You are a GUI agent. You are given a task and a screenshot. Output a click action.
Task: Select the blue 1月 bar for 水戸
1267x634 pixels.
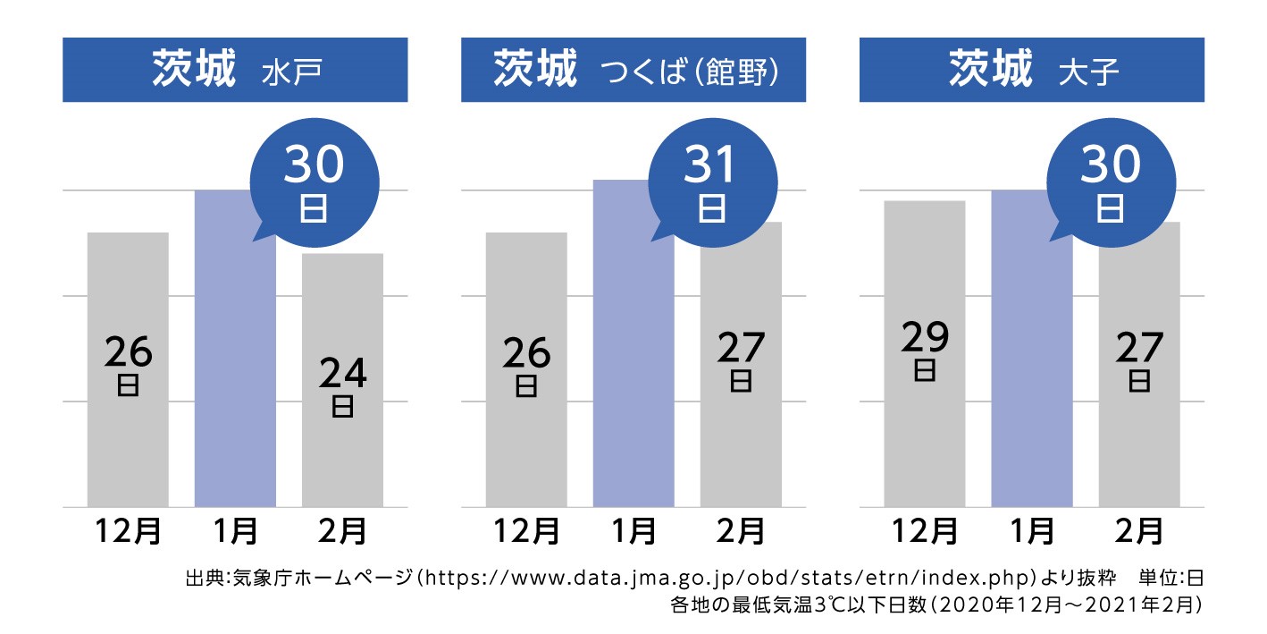(x=235, y=376)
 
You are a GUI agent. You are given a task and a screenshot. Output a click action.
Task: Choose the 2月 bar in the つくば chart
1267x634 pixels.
(x=741, y=447)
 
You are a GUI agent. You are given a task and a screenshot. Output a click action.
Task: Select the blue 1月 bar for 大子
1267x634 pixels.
(x=1032, y=376)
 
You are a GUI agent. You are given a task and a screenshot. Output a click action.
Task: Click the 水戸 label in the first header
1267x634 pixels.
(x=291, y=72)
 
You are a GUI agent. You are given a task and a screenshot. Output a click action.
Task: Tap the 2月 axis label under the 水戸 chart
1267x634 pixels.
(x=342, y=531)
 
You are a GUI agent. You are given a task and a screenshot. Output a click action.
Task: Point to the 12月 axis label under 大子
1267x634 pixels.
(x=925, y=531)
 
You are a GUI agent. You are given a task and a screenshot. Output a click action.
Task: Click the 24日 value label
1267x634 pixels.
(x=342, y=385)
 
